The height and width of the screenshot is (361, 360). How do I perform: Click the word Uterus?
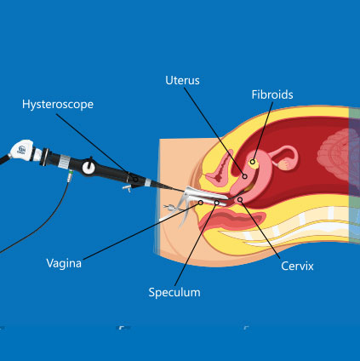point(182,80)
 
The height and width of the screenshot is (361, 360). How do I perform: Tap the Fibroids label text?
point(272,95)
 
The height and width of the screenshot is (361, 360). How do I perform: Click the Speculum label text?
point(174,291)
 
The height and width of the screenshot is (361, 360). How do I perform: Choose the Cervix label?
point(298,266)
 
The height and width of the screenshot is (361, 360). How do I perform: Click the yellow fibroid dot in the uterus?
point(253,161)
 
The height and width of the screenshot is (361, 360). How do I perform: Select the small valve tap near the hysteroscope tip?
point(127,186)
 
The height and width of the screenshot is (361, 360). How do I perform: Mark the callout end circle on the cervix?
point(240,200)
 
